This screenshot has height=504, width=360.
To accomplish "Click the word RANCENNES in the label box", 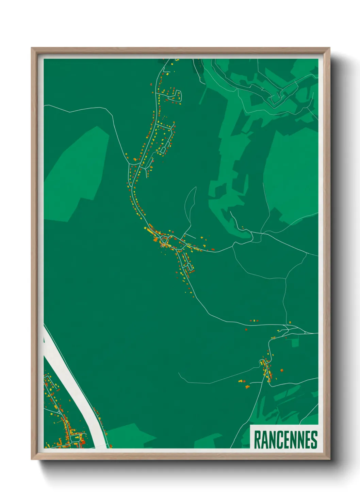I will (285, 440).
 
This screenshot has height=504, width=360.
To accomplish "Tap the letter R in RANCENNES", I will (257, 440).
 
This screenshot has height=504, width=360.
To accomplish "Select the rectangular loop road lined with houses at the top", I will (173, 96).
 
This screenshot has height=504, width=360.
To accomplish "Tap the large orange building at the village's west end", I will (156, 240).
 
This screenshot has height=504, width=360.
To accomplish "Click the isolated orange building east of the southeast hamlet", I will (281, 370).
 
